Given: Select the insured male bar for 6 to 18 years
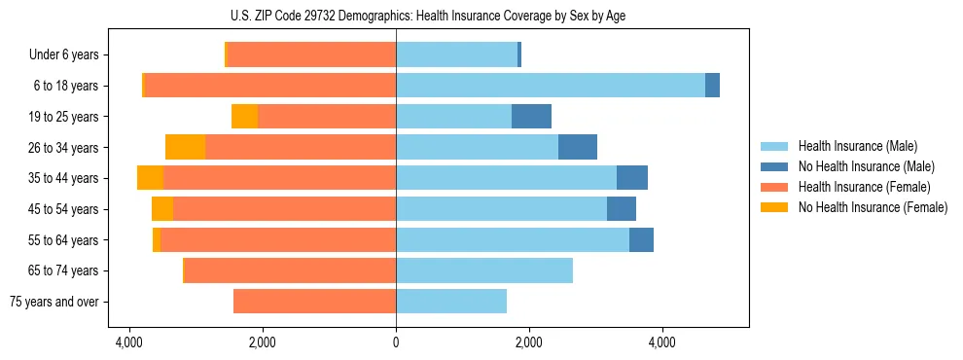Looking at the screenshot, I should tap(551, 86).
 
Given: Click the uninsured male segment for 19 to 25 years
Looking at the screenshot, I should tap(531, 117).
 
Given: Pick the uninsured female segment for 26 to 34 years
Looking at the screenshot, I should tap(185, 147).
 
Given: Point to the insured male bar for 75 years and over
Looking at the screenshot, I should tap(451, 302).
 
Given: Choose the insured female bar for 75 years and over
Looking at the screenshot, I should tap(314, 302).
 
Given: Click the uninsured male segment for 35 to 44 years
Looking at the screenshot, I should tap(632, 178).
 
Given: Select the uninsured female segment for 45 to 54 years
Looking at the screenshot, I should tap(162, 209).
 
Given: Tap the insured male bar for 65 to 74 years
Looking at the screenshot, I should tap(484, 270).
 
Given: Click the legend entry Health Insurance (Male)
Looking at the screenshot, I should tap(852, 146).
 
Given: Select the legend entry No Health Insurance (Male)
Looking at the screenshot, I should tap(859, 166).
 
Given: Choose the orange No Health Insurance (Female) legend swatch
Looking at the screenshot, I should tap(774, 207).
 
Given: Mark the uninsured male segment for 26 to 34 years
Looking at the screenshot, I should tap(578, 147).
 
